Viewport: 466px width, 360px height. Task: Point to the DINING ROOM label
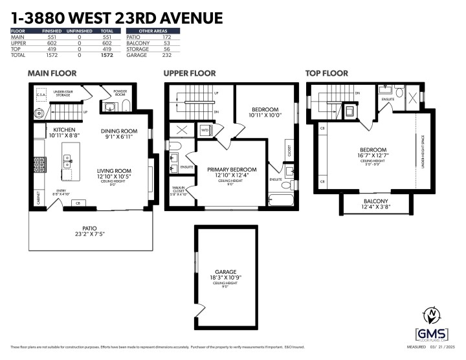pyautogui.click(x=118, y=131)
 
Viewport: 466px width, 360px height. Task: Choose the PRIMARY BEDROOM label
pyautogui.click(x=232, y=170)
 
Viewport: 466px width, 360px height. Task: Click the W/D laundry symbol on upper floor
pyautogui.click(x=205, y=130)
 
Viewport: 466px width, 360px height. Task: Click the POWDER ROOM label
pyautogui.click(x=119, y=93)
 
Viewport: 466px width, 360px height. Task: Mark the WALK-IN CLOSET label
pyautogui.click(x=178, y=190)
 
